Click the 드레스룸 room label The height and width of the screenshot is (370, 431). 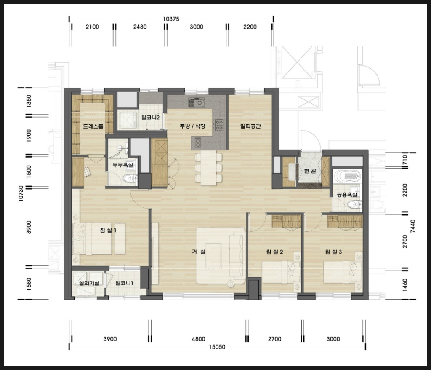[x=93, y=126]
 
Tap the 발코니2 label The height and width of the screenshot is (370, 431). [x=150, y=118]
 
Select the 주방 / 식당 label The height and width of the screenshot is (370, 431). [x=193, y=126]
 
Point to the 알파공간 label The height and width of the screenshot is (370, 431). [x=250, y=126]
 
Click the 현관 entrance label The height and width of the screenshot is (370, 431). [x=310, y=171]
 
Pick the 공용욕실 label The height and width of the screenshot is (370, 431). [x=347, y=195]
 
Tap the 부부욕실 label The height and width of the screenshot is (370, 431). [x=123, y=165]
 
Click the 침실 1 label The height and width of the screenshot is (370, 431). [x=108, y=230]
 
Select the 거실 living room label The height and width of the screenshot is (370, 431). [x=199, y=251]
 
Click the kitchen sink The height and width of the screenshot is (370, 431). [x=197, y=102]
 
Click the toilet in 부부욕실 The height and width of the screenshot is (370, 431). [x=130, y=179]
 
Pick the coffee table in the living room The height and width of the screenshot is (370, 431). [x=213, y=255]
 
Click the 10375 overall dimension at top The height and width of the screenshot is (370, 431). [x=171, y=19]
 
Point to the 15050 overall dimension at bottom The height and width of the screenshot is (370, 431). [x=217, y=347]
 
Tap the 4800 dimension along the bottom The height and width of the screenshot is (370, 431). [x=199, y=339]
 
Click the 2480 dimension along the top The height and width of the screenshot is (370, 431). [x=140, y=27]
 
